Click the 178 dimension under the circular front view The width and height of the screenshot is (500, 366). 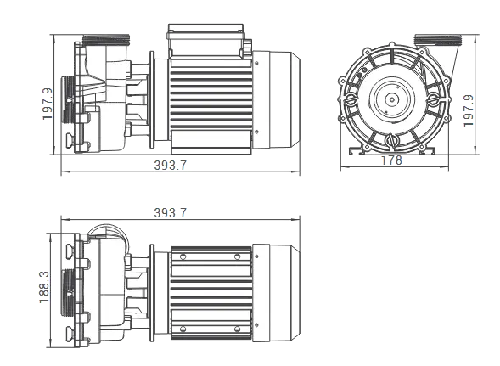point(391,160)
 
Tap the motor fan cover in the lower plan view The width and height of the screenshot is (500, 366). point(277,289)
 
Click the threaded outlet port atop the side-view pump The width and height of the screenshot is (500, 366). point(105,40)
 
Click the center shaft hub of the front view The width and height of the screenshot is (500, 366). point(390,99)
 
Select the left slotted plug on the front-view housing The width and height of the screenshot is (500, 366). point(351,99)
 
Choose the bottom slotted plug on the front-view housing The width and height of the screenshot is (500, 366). point(391,140)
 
